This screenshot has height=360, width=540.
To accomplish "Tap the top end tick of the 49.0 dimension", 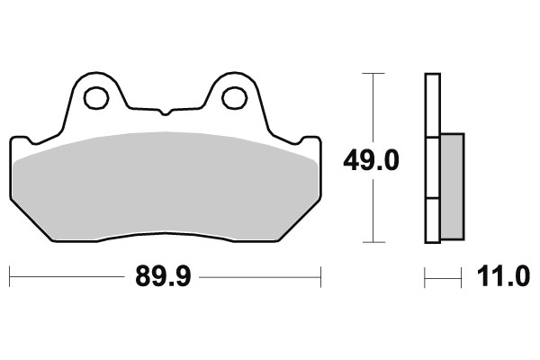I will click(373, 74).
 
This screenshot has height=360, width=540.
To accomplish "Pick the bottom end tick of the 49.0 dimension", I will click(373, 242).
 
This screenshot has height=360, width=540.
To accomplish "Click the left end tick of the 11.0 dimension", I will click(426, 277).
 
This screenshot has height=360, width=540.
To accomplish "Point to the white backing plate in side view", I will click(432, 108).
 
